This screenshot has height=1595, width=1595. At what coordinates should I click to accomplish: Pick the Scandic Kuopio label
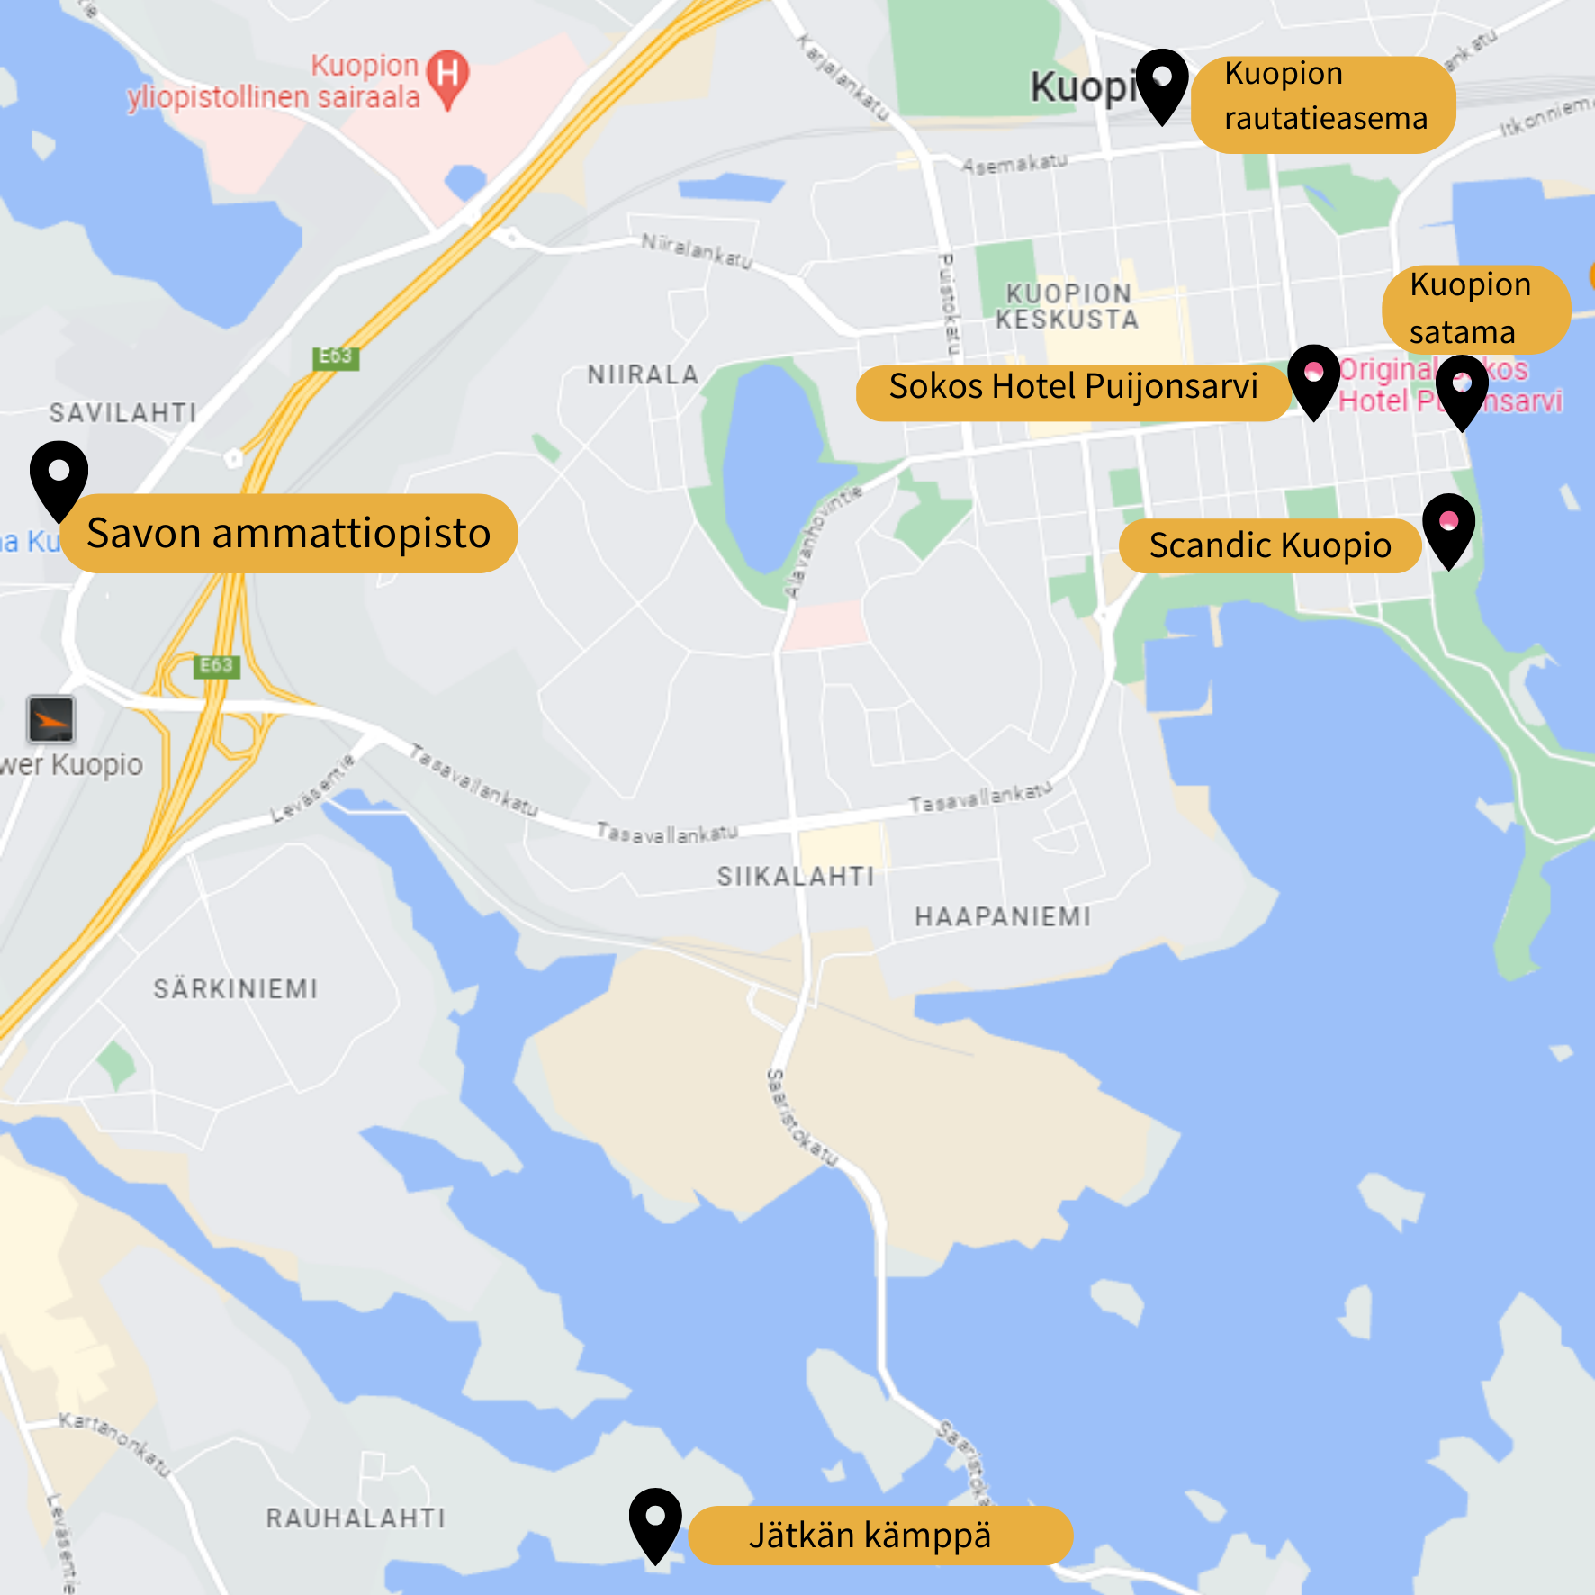1269,545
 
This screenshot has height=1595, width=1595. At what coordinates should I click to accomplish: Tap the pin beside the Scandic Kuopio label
1448,527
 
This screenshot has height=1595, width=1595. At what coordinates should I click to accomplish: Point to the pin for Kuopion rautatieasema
1162,84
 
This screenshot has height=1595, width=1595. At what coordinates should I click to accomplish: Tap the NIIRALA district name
643,374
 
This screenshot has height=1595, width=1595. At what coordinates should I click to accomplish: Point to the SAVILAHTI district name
123,413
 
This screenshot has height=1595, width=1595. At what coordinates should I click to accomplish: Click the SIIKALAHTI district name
795,876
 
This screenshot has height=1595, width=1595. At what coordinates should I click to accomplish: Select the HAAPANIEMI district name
1003,916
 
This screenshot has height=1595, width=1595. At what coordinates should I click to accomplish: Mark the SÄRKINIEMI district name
236,989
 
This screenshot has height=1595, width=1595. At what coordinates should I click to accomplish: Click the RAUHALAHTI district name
356,1518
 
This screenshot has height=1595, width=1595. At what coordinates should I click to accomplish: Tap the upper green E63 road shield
336,356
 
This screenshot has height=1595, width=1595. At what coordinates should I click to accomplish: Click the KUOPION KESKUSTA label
1068,307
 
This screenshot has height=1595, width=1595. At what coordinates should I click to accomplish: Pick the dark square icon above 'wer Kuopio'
51,719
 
